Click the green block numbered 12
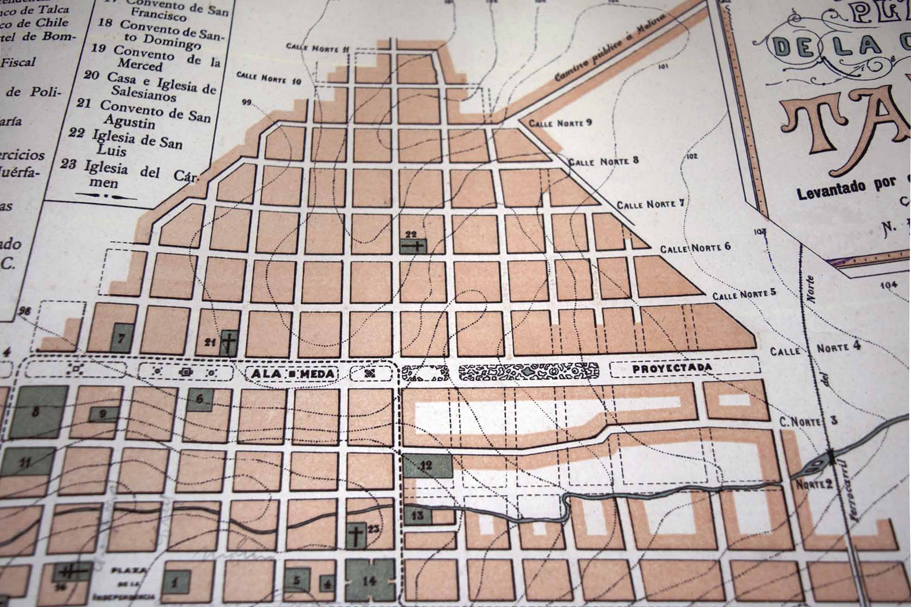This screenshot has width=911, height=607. point(427,465)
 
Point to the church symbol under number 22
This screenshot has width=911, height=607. point(413,246)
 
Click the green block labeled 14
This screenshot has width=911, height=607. point(371,581)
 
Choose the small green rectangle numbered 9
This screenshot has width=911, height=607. point(103,414)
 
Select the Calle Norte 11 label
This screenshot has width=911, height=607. point(317,48)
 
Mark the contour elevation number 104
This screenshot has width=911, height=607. point(888,285)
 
